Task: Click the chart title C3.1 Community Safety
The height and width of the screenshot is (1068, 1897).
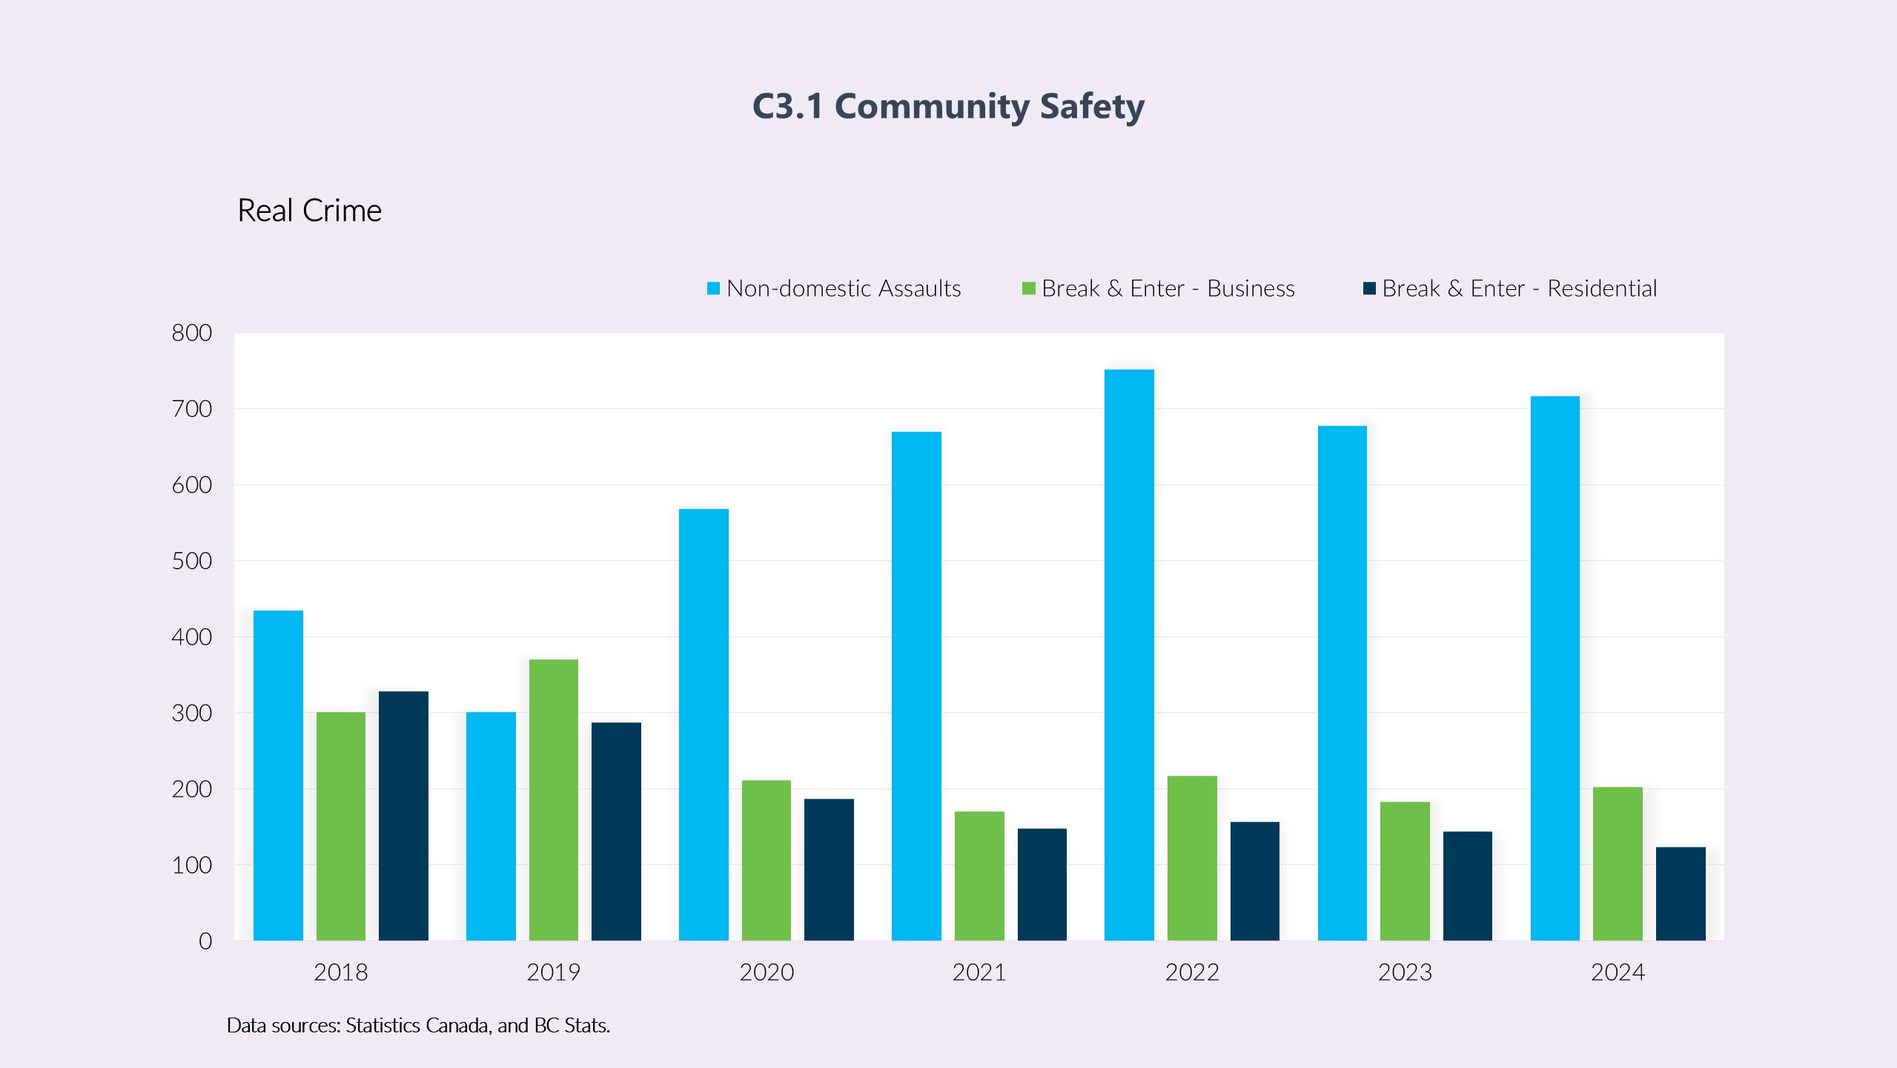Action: pyautogui.click(x=948, y=106)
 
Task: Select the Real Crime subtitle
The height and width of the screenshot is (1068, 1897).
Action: pyautogui.click(x=309, y=211)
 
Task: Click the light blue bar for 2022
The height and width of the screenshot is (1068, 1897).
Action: pyautogui.click(x=1129, y=655)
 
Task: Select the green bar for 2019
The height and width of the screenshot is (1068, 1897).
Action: pyautogui.click(x=554, y=800)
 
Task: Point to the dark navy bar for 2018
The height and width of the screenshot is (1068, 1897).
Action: pyautogui.click(x=403, y=816)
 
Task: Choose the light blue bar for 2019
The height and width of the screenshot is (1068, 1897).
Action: pyautogui.click(x=491, y=826)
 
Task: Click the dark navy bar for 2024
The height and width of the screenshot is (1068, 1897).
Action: pyautogui.click(x=1681, y=894)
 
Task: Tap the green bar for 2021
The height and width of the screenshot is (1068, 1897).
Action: pyautogui.click(x=979, y=876)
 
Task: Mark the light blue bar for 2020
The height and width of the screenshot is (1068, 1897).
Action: pyautogui.click(x=703, y=725)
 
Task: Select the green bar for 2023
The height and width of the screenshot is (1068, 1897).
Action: pyautogui.click(x=1405, y=871)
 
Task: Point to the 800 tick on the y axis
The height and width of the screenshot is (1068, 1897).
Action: pyautogui.click(x=192, y=333)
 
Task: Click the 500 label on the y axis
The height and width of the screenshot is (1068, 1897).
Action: pyautogui.click(x=192, y=561)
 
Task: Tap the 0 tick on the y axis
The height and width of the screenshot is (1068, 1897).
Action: pyautogui.click(x=205, y=941)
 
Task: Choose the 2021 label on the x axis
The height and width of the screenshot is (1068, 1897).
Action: pyautogui.click(x=979, y=972)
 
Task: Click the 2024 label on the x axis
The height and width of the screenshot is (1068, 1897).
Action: pyautogui.click(x=1618, y=972)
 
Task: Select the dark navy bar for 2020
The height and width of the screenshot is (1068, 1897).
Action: pyautogui.click(x=829, y=869)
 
